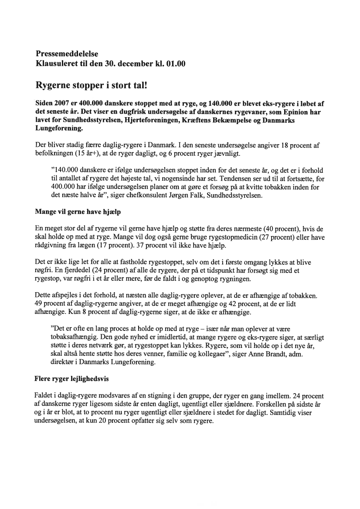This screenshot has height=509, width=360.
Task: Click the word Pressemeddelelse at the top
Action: click(x=67, y=54)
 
